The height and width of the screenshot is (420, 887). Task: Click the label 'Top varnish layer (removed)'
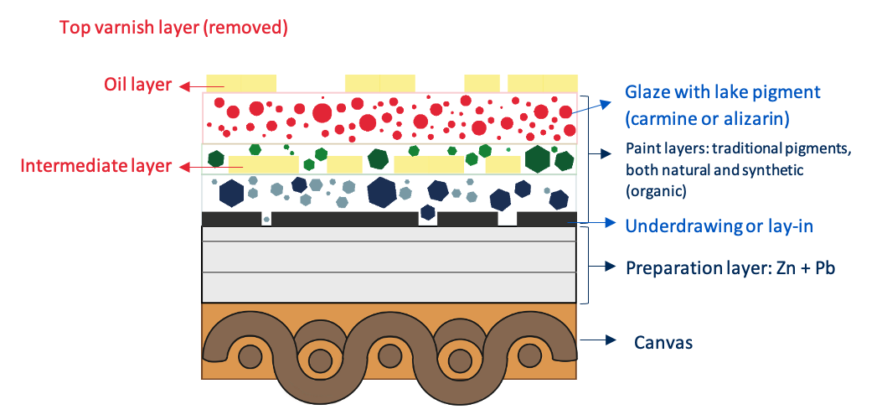click(173, 28)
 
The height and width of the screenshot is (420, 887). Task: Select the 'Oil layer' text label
click(137, 85)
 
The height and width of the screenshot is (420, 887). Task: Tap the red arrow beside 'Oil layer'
click(193, 86)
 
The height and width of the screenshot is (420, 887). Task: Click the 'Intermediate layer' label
click(95, 166)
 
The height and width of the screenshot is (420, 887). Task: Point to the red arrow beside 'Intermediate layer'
click(193, 167)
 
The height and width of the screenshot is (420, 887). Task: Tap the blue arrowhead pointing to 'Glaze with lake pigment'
click(606, 104)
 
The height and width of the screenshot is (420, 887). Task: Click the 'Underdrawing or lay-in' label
click(719, 226)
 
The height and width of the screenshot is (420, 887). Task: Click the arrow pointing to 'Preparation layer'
click(602, 266)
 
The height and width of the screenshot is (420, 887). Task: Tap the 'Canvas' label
click(663, 342)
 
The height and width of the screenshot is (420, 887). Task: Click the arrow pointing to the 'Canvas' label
click(597, 340)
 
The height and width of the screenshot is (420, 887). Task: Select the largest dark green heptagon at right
click(538, 159)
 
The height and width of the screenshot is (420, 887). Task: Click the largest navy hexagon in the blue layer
click(382, 192)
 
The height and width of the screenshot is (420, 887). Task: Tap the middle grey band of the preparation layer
click(389, 257)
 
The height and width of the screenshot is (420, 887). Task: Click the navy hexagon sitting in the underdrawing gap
click(428, 212)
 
